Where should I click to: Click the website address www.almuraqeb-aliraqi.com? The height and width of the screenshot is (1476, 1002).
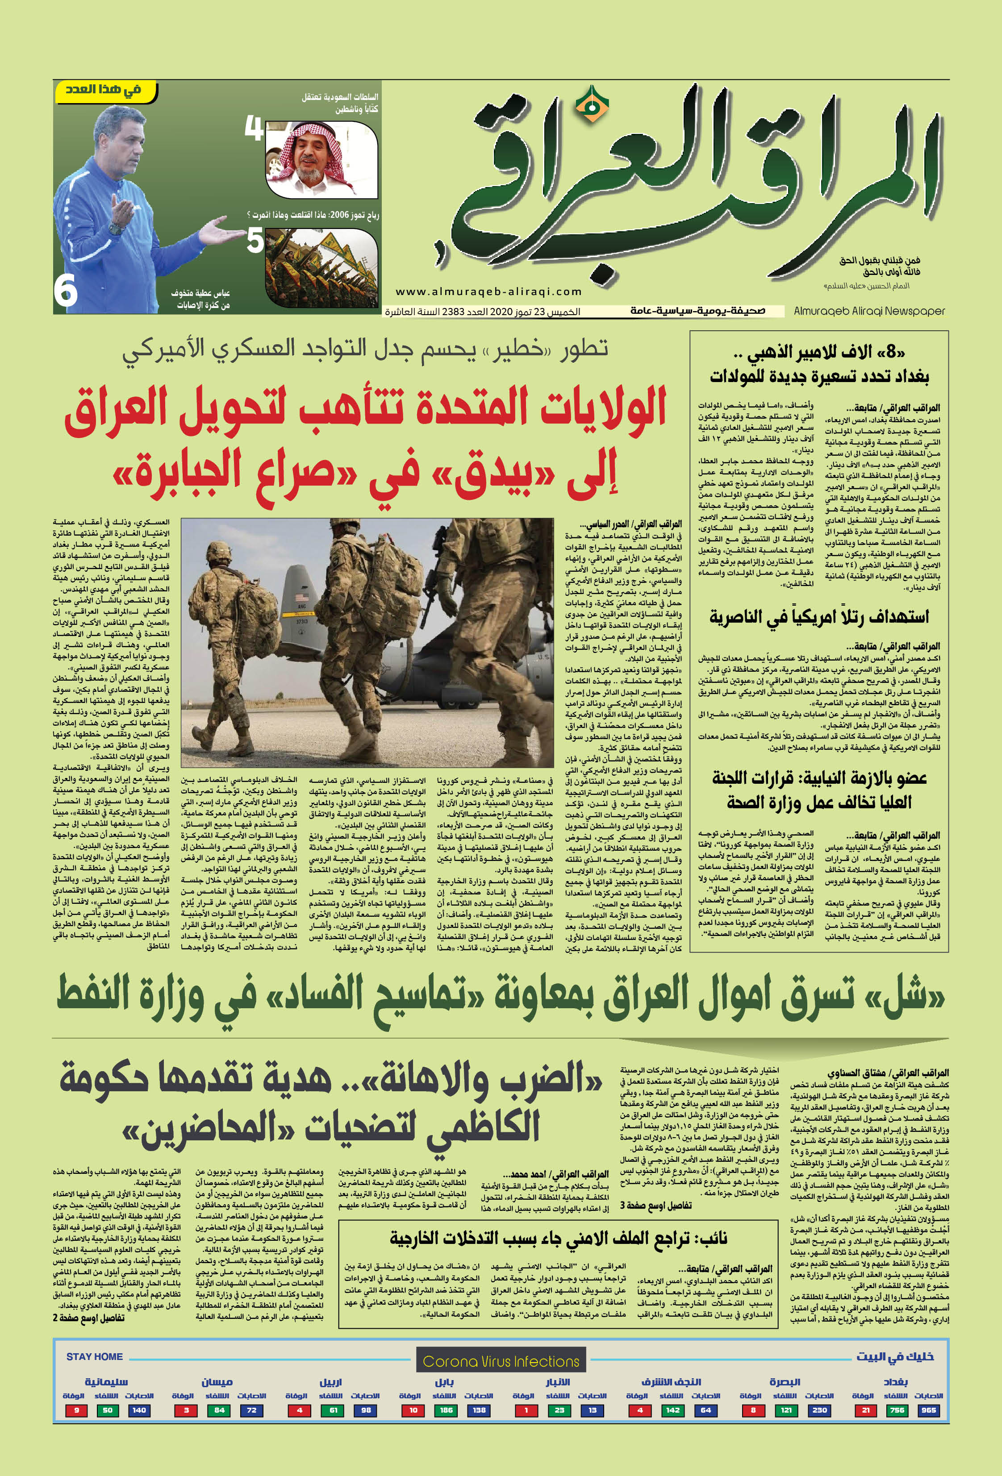pos(488,291)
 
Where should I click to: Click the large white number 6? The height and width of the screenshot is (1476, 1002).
pos(66,292)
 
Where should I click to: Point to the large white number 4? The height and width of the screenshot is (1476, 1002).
pos(254,129)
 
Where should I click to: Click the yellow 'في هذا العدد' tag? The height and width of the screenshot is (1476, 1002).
pos(105,90)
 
